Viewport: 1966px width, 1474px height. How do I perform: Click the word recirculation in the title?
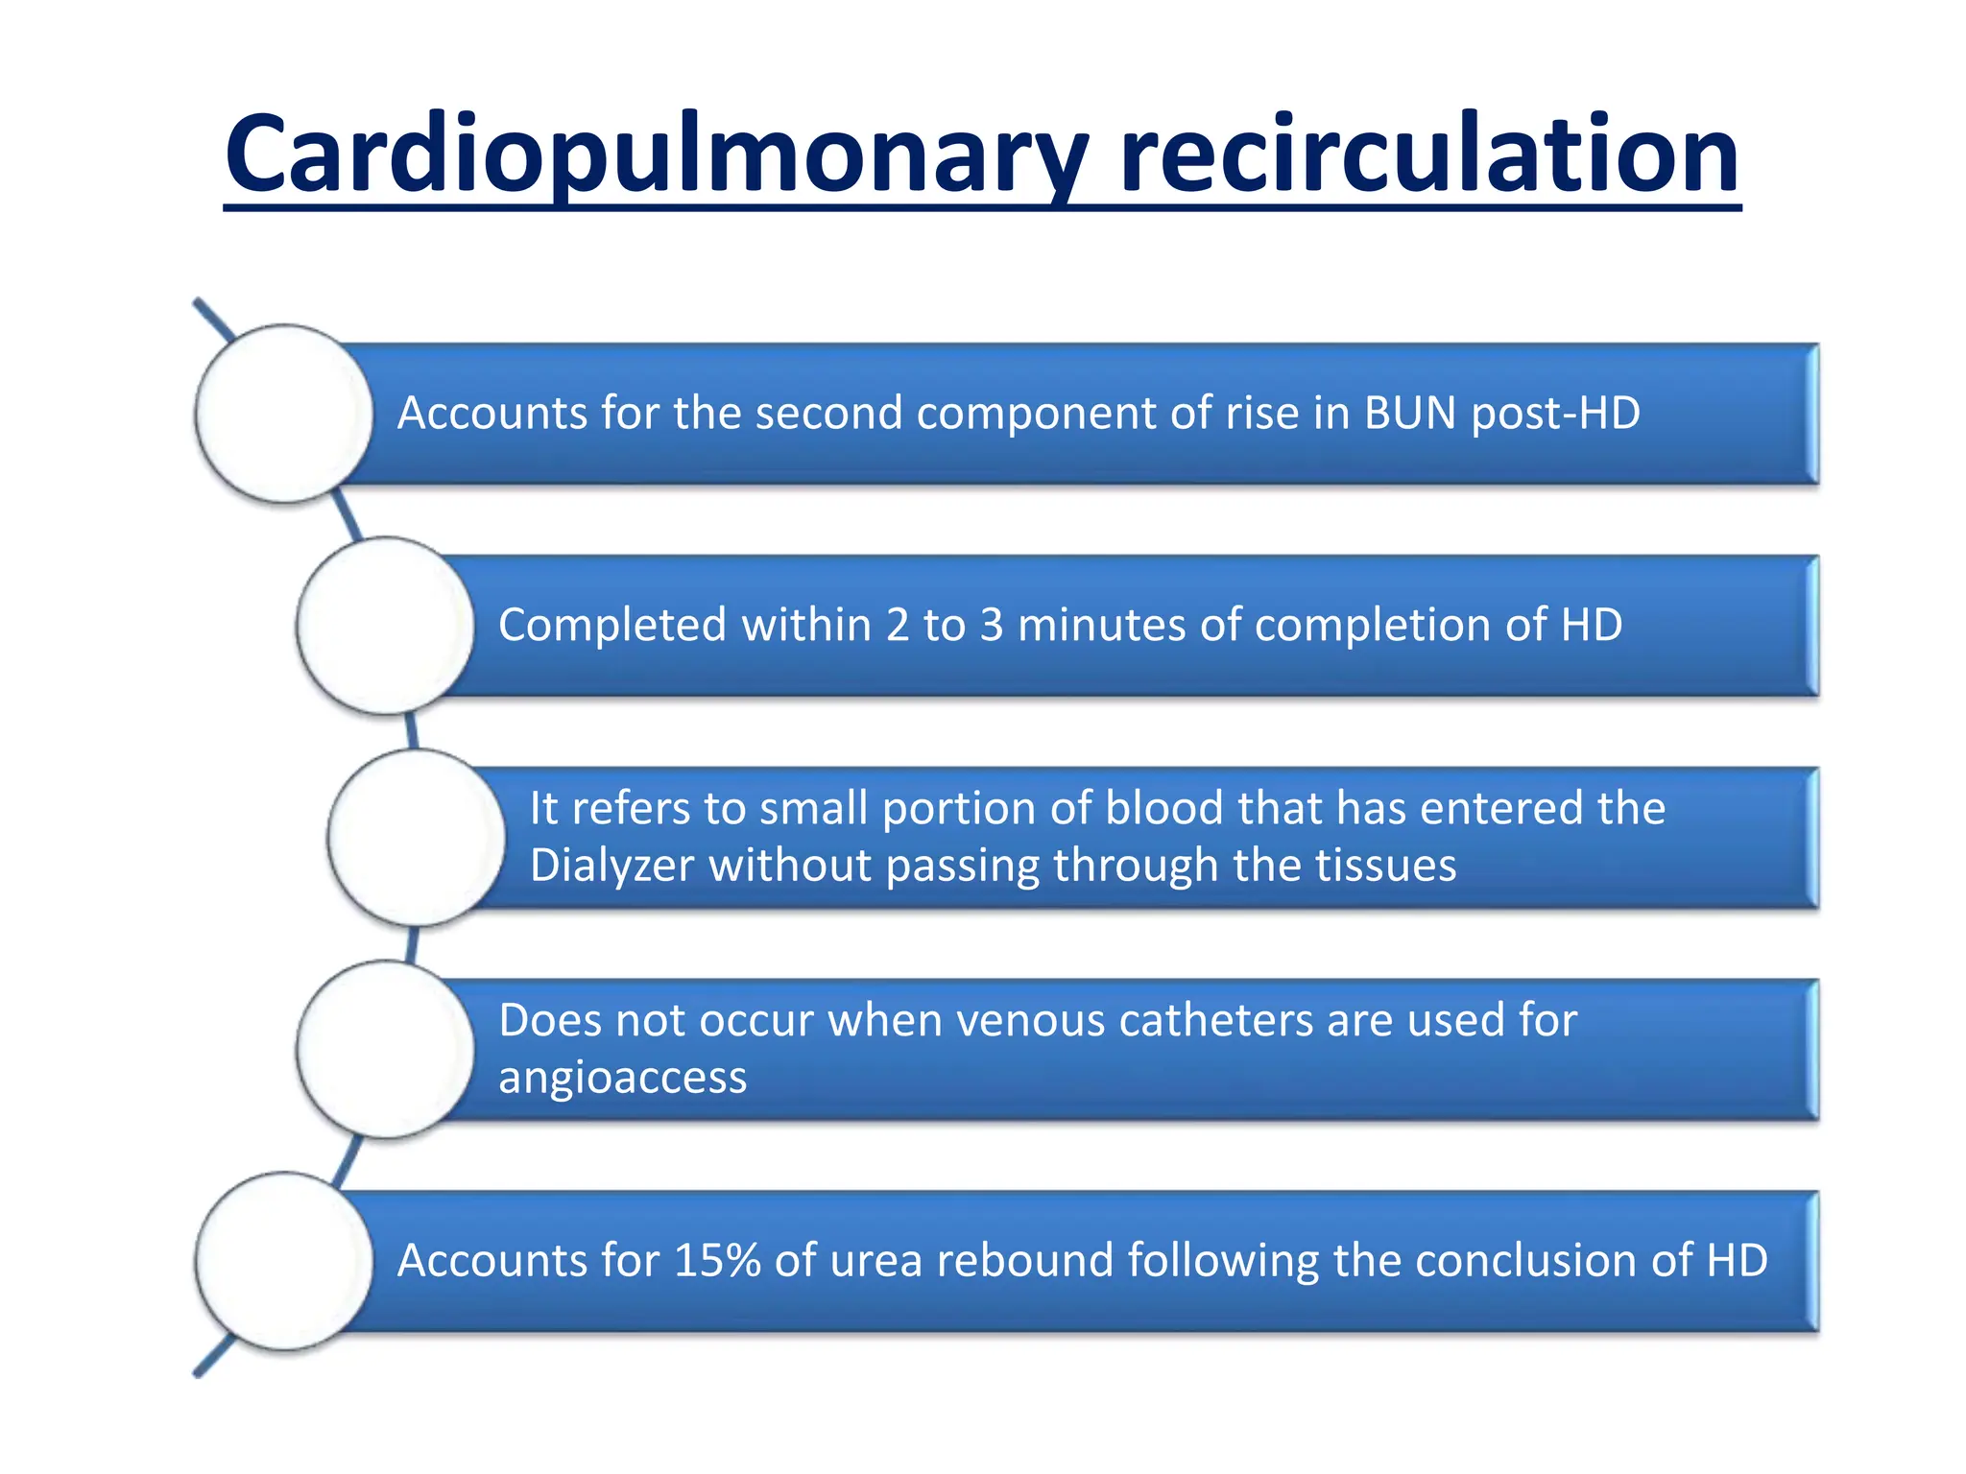coord(1429,154)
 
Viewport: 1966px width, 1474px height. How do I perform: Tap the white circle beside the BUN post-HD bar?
coord(284,414)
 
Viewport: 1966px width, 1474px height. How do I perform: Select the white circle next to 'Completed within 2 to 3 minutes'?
coord(386,626)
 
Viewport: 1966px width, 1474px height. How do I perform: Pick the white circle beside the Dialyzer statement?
coord(417,838)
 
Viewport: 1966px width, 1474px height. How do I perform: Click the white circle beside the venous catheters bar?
coord(386,1050)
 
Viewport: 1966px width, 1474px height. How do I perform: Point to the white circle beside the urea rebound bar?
coord(284,1261)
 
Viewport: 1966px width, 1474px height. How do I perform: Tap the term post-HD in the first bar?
coord(1555,414)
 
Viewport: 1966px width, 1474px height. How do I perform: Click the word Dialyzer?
coord(611,866)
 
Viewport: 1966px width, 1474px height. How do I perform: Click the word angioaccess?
coord(622,1078)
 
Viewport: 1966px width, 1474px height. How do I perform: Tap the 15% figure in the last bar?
coord(717,1261)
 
